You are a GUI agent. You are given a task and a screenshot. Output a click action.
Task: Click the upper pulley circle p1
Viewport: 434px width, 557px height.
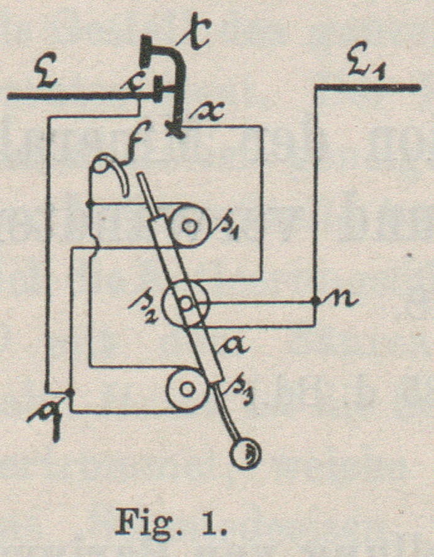pyautogui.click(x=188, y=224)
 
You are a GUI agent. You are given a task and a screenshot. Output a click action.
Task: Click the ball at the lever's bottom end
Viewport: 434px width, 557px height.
pyautogui.click(x=244, y=453)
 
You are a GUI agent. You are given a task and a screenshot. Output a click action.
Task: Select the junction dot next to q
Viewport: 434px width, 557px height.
pyautogui.click(x=71, y=392)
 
